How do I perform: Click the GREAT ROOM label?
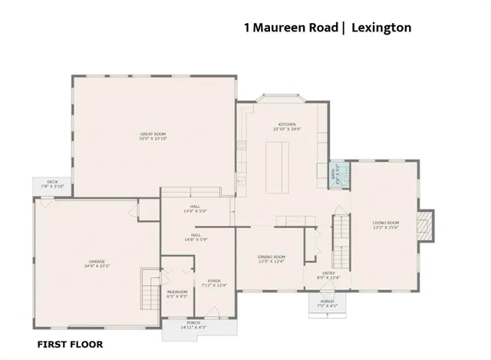[153, 134]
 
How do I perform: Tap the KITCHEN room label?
[286, 124]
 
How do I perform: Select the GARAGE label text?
[95, 263]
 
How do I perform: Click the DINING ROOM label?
[272, 257]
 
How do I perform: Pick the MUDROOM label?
[177, 292]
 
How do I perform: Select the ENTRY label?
[328, 273]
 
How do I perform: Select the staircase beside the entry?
[341, 238]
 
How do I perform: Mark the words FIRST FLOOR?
[70, 345]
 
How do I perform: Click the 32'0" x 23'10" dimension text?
[153, 139]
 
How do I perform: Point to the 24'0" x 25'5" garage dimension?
[95, 267]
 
